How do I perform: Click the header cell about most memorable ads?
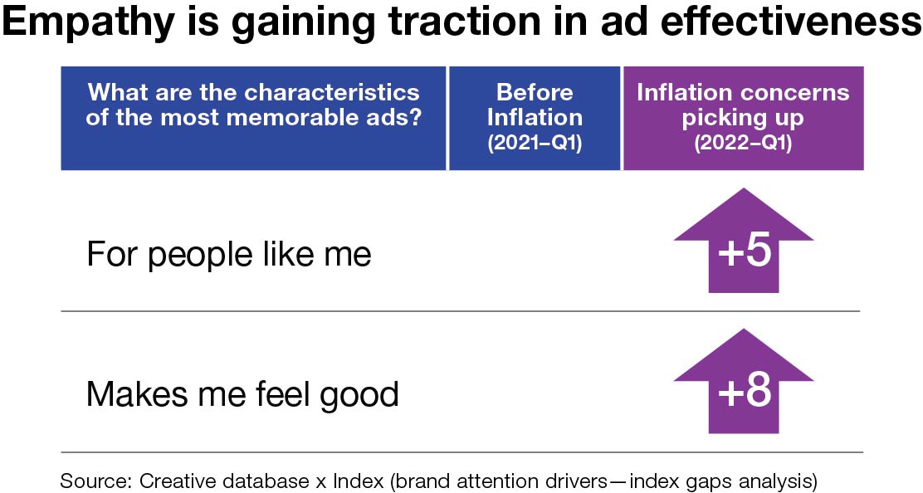pyautogui.click(x=253, y=117)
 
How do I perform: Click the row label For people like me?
pyautogui.click(x=228, y=254)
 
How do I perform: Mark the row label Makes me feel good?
pyautogui.click(x=242, y=393)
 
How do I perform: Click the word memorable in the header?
pyautogui.click(x=305, y=117)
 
